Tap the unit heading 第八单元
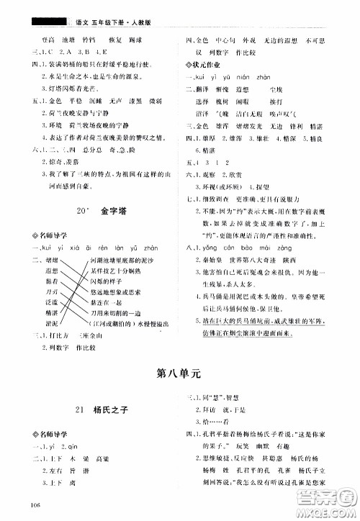[x=179, y=373]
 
